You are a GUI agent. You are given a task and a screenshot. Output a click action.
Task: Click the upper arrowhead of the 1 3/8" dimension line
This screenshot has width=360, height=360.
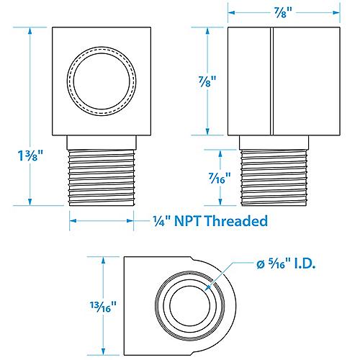tap(30, 31)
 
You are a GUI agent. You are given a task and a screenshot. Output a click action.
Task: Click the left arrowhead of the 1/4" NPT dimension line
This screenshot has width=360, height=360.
tap(72, 220)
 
